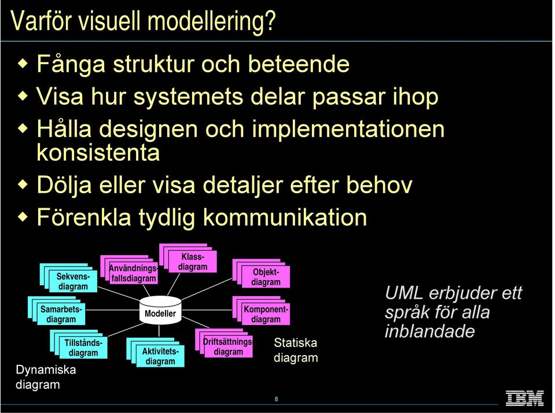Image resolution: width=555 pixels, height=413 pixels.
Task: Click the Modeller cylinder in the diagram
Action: point(160,310)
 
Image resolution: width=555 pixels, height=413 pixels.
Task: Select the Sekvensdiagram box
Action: point(68,278)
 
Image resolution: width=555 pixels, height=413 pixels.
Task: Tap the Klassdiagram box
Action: point(188,258)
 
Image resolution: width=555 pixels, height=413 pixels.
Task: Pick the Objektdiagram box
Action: point(261,273)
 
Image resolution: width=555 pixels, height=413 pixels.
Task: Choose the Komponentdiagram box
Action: point(261,311)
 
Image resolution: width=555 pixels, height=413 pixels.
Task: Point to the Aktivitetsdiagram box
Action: point(155,352)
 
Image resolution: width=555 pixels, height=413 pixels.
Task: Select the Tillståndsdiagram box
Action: point(79,344)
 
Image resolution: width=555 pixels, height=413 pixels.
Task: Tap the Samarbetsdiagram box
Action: point(57,311)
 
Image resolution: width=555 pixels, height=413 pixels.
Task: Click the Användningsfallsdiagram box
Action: point(129,270)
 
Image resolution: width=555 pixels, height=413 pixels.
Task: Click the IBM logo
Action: point(524,398)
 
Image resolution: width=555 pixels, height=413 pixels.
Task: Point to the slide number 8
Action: point(276,399)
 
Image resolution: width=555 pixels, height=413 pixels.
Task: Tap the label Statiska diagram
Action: point(296,350)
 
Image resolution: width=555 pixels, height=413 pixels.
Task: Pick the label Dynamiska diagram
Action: point(46,377)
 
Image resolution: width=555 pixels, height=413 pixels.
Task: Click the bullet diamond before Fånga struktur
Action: point(23,64)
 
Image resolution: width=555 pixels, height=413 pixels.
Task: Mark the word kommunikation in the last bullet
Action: point(285,217)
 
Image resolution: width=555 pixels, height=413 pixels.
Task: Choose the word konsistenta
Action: point(98,153)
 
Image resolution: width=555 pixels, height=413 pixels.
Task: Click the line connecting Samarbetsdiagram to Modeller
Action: point(112,310)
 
